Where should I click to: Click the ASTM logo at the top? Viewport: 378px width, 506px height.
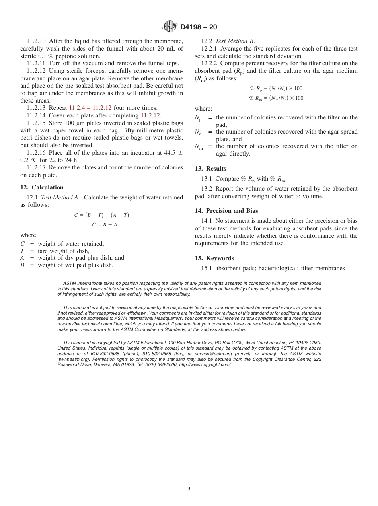click(x=170, y=27)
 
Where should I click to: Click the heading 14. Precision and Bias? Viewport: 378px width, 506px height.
click(x=226, y=211)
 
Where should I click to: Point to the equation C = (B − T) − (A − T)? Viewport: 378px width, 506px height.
click(x=101, y=215)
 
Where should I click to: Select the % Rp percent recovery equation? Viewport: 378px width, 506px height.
click(x=276, y=88)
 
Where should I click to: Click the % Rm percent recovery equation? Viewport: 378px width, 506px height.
click(x=276, y=98)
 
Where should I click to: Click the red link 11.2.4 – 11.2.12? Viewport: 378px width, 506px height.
click(x=90, y=108)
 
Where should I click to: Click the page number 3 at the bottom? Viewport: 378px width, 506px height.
click(x=189, y=488)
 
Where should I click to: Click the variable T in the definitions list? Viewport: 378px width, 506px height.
click(x=22, y=251)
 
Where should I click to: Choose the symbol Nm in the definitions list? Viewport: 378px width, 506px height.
click(x=199, y=147)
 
